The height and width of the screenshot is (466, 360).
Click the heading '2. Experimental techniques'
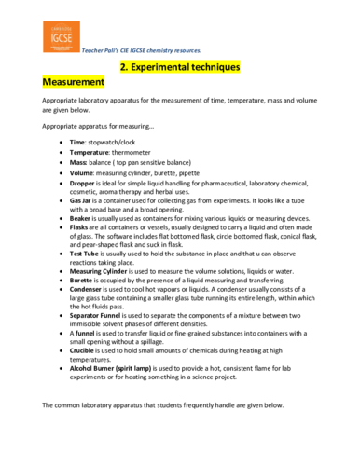point(180,68)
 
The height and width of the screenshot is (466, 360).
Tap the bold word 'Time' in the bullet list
point(78,141)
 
